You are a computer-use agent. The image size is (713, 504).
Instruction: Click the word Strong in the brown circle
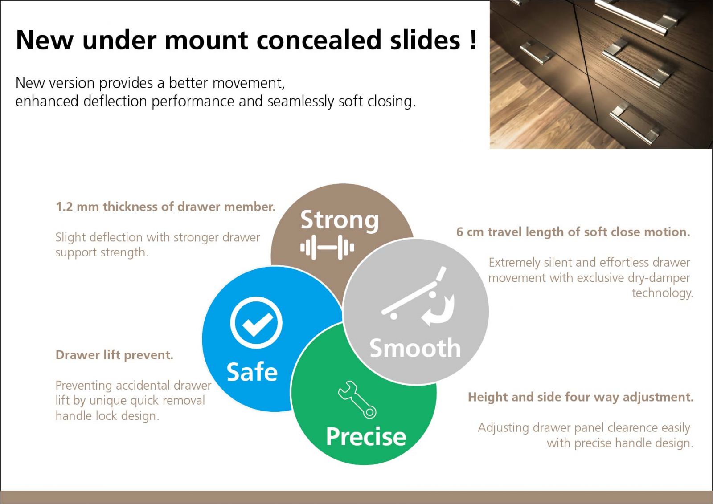click(x=340, y=220)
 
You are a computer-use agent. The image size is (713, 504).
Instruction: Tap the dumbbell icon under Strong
click(x=327, y=248)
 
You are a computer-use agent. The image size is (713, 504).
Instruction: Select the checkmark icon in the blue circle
click(x=256, y=323)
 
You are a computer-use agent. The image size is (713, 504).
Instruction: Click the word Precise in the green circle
click(x=366, y=437)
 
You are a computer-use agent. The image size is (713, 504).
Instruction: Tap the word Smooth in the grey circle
click(x=415, y=348)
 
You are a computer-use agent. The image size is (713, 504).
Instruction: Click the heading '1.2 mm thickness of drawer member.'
click(x=165, y=207)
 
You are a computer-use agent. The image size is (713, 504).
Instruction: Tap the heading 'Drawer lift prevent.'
click(x=115, y=355)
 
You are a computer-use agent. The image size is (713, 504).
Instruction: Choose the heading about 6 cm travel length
click(x=573, y=232)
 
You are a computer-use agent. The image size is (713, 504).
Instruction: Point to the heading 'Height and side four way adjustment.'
click(x=581, y=397)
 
